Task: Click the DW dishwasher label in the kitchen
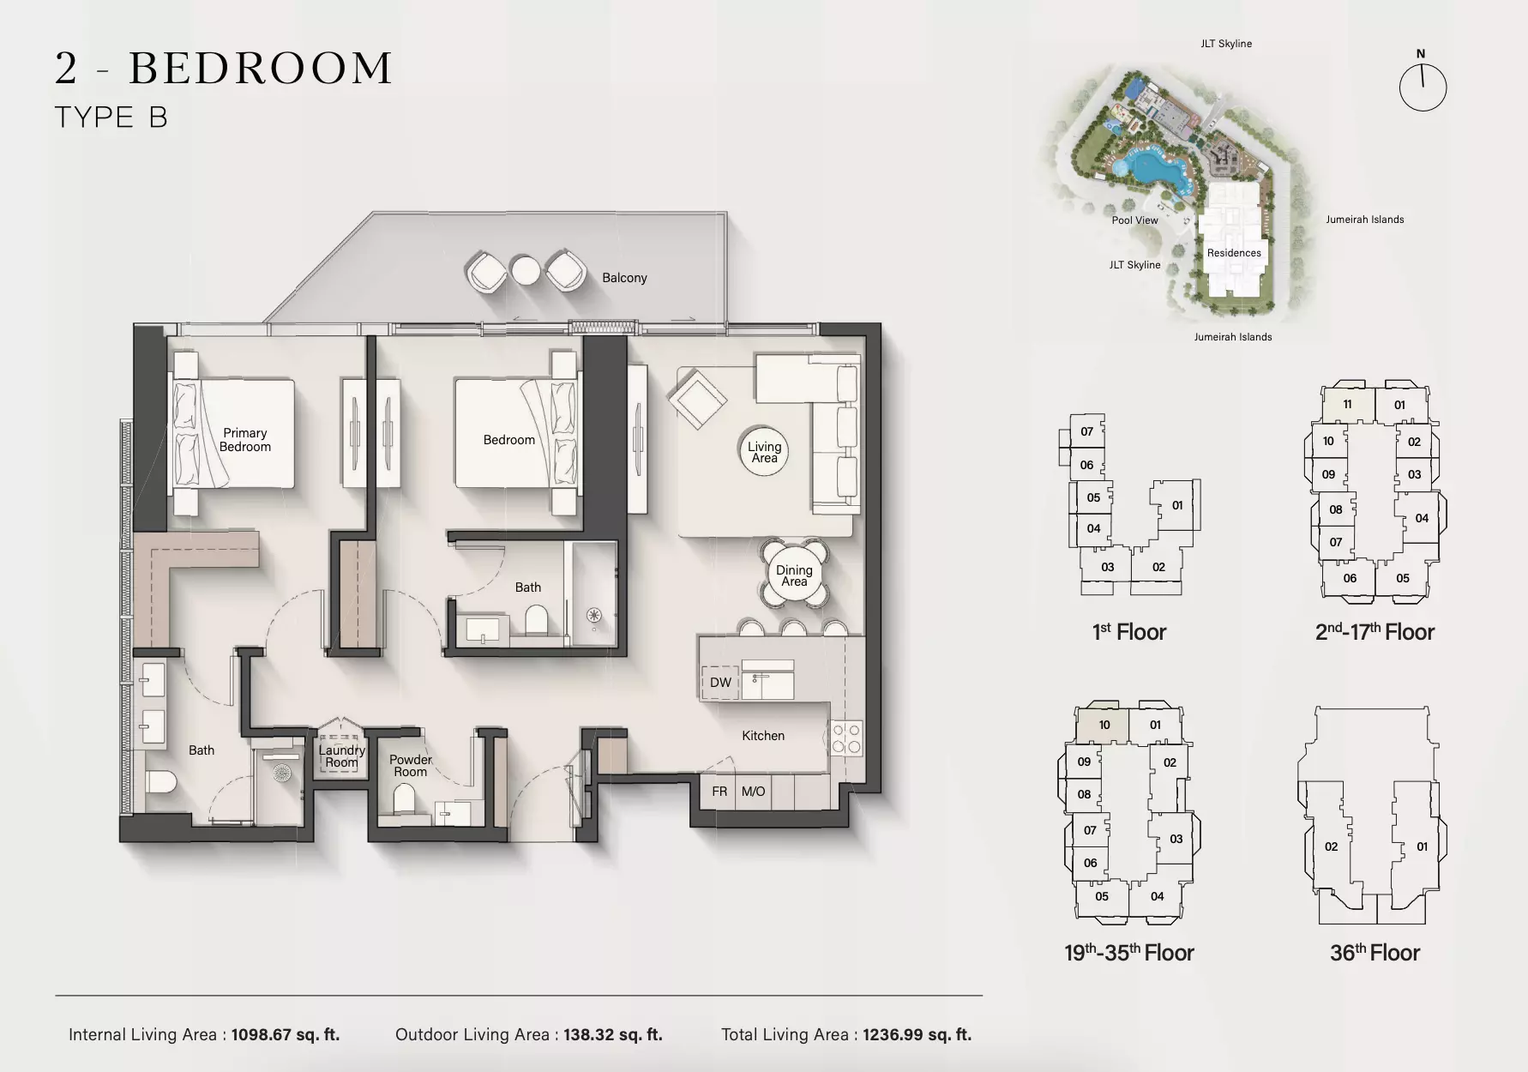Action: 720,683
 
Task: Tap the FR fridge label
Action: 719,792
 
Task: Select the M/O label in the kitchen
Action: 753,792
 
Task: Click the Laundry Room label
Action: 341,756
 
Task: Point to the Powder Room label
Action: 411,766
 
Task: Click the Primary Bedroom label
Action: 245,440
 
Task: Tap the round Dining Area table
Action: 794,575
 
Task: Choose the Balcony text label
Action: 624,278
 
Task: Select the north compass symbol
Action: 1423,87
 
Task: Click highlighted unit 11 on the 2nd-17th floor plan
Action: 1347,405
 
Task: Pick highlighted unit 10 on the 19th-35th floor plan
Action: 1104,725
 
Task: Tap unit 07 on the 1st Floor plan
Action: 1086,431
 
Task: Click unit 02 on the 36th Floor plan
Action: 1331,846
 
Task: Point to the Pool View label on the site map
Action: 1134,220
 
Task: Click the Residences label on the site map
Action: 1234,253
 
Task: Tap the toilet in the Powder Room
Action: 405,801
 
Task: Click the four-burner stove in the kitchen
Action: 846,738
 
